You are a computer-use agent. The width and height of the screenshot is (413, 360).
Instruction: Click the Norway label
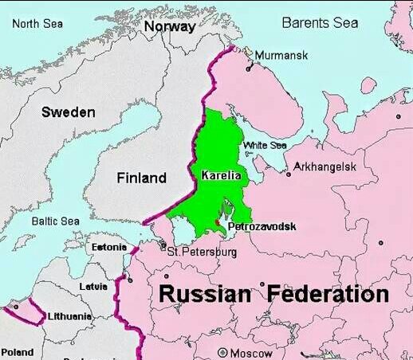click(x=169, y=26)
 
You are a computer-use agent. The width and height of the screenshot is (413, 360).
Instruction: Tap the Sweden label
click(x=68, y=112)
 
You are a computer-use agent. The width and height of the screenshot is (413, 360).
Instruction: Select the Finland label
click(x=142, y=178)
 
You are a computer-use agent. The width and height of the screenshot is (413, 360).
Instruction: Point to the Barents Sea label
click(x=320, y=23)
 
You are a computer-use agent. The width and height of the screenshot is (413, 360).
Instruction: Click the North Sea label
click(x=37, y=23)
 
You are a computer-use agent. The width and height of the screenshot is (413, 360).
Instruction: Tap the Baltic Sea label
click(x=55, y=221)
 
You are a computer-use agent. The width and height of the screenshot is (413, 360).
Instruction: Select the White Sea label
click(x=265, y=145)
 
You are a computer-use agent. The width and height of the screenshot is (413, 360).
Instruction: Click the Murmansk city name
click(x=281, y=55)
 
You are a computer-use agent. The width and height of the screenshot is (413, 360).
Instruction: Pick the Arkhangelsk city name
click(x=324, y=166)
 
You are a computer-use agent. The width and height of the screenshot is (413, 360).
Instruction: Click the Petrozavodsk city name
click(x=262, y=227)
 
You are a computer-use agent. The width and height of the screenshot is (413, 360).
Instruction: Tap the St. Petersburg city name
click(x=203, y=252)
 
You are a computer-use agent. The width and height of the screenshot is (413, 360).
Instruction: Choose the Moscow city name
click(x=250, y=353)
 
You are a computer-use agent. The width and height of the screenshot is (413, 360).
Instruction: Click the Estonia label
click(x=108, y=248)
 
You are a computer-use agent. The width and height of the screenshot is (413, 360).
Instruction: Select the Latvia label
click(x=93, y=286)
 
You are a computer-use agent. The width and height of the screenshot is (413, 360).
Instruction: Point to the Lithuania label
click(x=70, y=316)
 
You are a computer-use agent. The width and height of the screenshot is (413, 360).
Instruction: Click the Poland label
click(x=18, y=351)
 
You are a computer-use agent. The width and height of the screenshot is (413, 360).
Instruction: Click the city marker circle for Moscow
click(x=222, y=352)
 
